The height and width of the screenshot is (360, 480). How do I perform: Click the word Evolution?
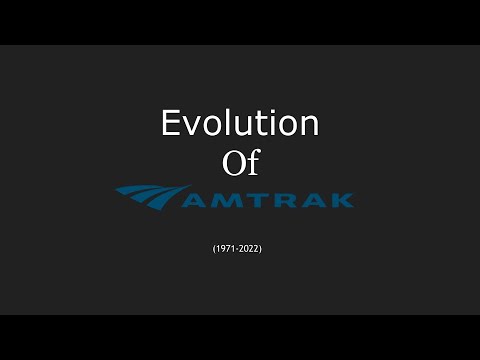pyautogui.click(x=240, y=123)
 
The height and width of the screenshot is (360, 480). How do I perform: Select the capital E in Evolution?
pyautogui.click(x=172, y=123)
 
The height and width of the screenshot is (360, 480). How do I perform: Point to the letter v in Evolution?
pyautogui.click(x=193, y=126)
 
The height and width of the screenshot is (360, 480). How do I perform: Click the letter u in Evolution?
pyautogui.click(x=242, y=126)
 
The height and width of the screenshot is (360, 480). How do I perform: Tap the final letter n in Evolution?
pyautogui.click(x=308, y=126)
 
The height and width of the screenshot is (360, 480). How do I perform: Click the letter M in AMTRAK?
pyautogui.click(x=224, y=200)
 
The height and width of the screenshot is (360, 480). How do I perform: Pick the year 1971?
pyautogui.click(x=226, y=247)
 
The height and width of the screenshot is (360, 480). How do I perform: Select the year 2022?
pyautogui.click(x=251, y=247)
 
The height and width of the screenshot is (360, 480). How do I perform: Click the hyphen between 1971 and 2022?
pyautogui.click(x=238, y=248)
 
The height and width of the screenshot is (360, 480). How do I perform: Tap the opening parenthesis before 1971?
pyautogui.click(x=214, y=247)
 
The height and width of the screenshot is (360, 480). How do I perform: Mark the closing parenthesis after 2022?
pyautogui.click(x=263, y=247)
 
